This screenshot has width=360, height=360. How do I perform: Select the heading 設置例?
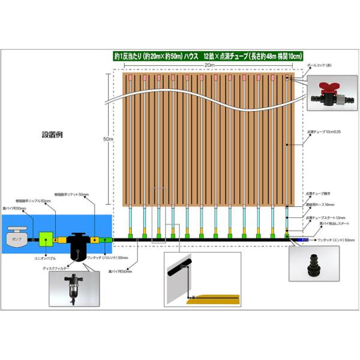[52, 134]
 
